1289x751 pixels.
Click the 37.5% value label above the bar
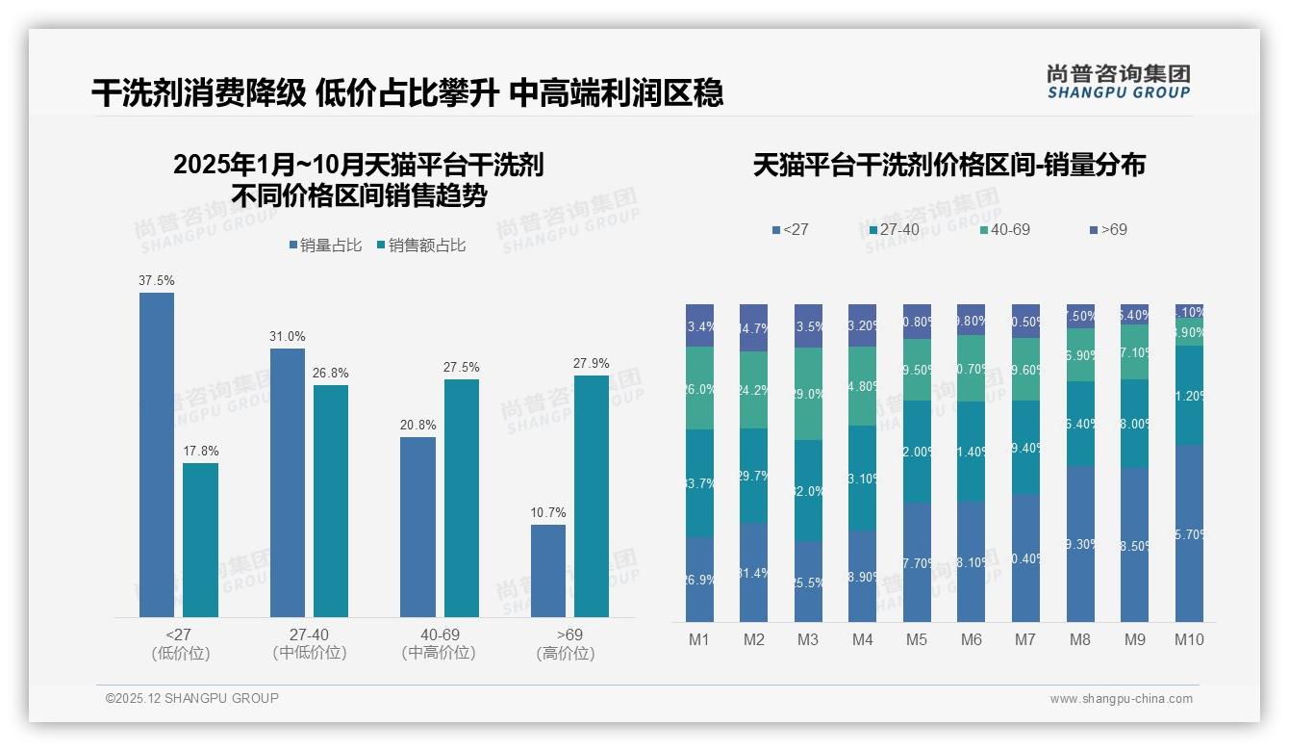click(x=157, y=280)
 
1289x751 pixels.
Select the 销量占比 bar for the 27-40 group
click(x=287, y=481)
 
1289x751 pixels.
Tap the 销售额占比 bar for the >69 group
click(x=592, y=496)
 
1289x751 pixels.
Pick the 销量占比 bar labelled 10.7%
click(x=548, y=570)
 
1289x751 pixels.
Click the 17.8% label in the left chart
click(x=201, y=451)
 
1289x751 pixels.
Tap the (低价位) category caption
click(x=181, y=653)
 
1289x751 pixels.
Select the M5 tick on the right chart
click(x=917, y=639)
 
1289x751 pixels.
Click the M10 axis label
click(x=1189, y=639)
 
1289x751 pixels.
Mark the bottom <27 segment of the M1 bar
click(x=700, y=579)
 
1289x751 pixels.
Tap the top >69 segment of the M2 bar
click(x=754, y=327)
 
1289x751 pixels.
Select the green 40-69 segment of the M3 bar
click(x=808, y=394)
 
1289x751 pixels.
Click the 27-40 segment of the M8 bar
click(x=1080, y=424)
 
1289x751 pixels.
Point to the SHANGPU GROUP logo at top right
click(x=1118, y=82)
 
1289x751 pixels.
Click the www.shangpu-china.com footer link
click(x=1121, y=699)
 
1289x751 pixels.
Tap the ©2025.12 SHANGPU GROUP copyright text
click(x=192, y=698)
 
